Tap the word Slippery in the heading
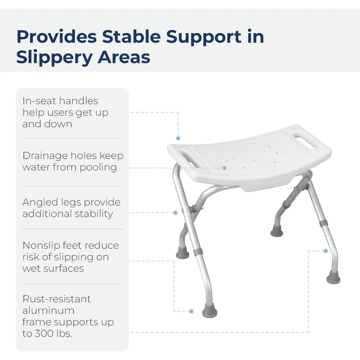tap(49, 57)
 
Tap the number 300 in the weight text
tap(45, 333)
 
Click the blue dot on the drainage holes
tap(224, 168)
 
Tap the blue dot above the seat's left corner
tap(178, 138)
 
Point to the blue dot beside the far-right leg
tap(325, 251)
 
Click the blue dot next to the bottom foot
tap(192, 311)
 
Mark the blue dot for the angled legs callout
tap(175, 213)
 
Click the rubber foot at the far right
tap(333, 279)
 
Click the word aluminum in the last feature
tap(43, 310)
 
